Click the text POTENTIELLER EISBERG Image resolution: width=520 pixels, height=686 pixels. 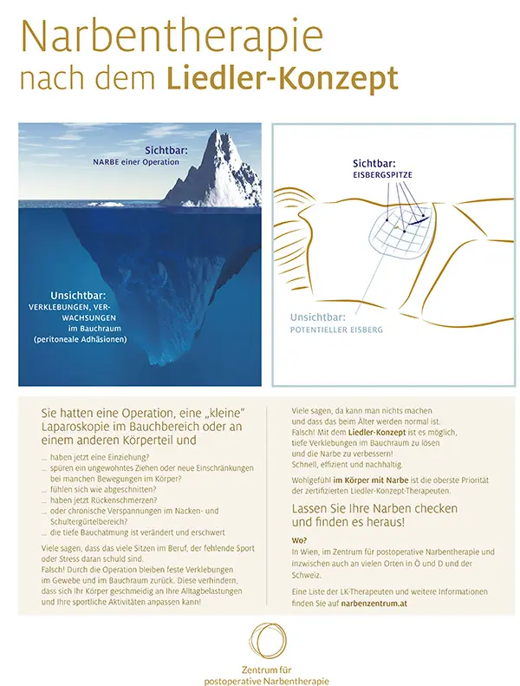(336, 330)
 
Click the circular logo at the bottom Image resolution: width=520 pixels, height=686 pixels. (260, 643)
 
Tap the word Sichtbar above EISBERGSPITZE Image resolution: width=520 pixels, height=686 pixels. (374, 163)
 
